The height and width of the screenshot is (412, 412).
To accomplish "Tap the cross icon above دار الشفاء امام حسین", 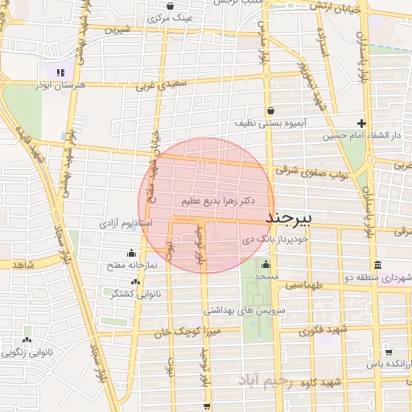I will click(362, 124).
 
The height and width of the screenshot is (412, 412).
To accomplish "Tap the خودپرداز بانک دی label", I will click(274, 239).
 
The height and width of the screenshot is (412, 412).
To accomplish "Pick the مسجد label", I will click(266, 277).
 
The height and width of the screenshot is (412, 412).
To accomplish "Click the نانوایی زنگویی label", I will click(29, 352).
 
